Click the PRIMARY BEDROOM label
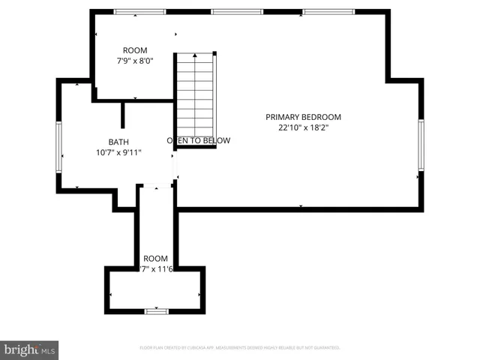click(x=303, y=117)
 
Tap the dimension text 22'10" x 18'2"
click(x=303, y=127)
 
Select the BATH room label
click(x=118, y=141)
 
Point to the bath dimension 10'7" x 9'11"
click(x=118, y=152)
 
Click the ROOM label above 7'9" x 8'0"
click(x=135, y=51)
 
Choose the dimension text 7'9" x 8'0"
click(x=135, y=61)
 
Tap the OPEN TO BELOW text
click(x=198, y=140)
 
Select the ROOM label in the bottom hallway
click(x=156, y=257)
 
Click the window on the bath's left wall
click(x=59, y=147)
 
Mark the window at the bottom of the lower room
click(x=156, y=310)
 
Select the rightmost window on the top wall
click(x=328, y=12)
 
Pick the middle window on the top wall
click(x=237, y=12)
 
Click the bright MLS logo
click(x=30, y=349)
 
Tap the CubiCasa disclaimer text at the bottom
click(x=240, y=348)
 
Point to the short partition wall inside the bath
click(x=123, y=115)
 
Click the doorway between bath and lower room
click(x=156, y=187)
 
